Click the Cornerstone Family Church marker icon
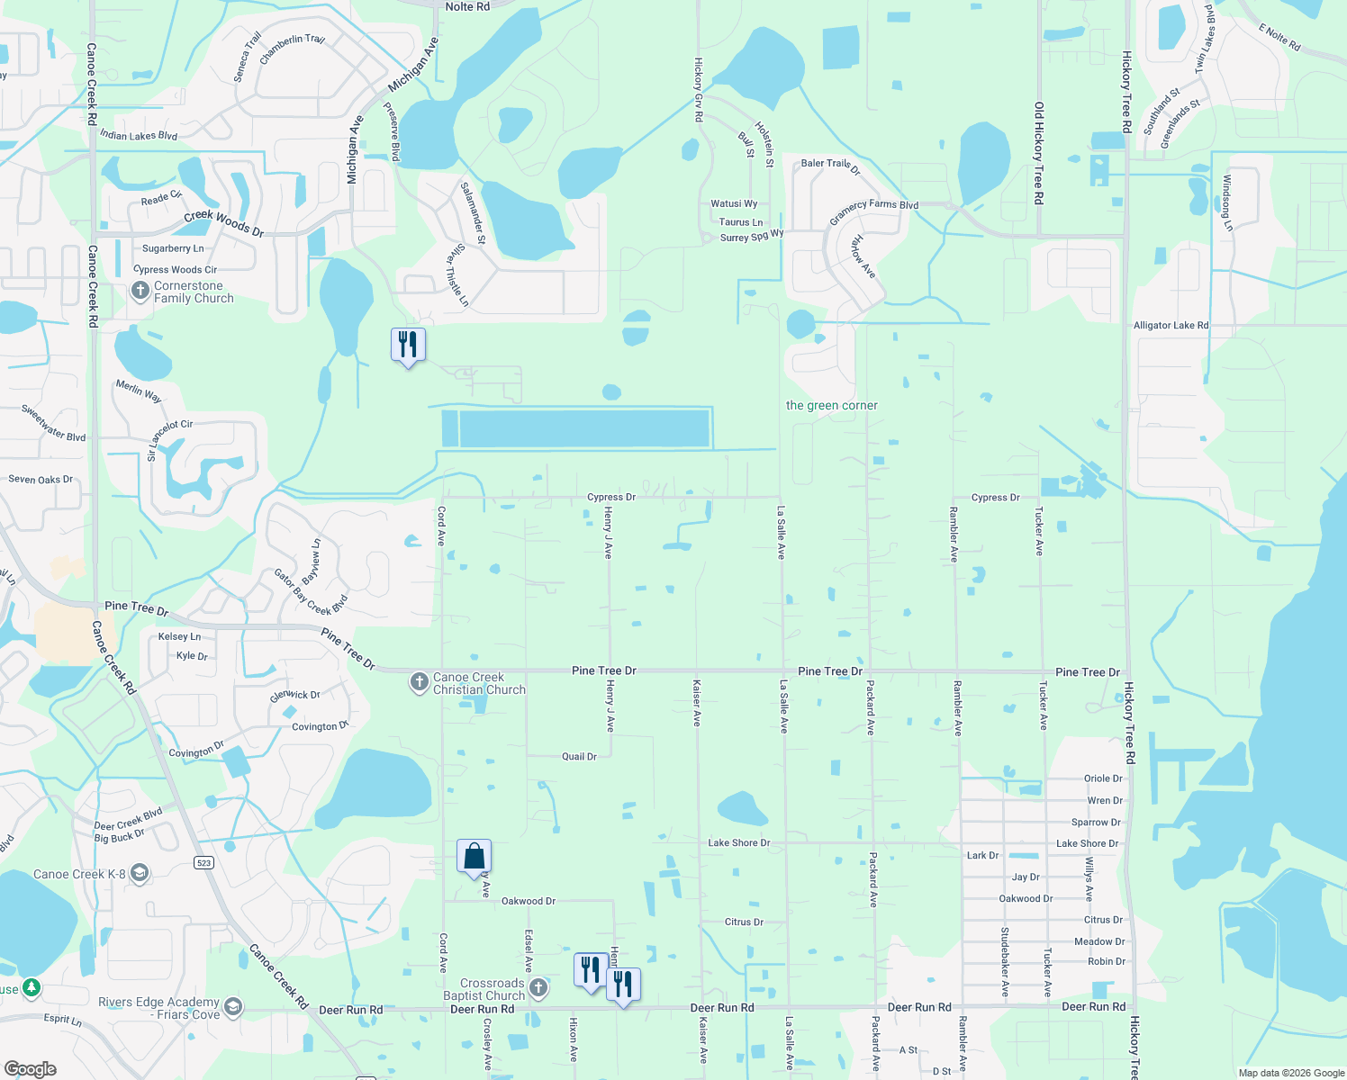click(140, 291)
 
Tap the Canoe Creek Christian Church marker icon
click(419, 682)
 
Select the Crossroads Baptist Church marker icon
click(538, 988)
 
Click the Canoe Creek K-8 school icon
click(139, 873)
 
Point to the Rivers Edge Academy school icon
click(233, 1006)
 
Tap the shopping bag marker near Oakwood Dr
click(474, 858)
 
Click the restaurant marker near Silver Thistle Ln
click(408, 345)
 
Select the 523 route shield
click(203, 863)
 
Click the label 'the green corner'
click(831, 406)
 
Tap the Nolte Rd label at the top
click(467, 7)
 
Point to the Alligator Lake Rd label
click(1171, 326)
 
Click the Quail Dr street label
click(579, 757)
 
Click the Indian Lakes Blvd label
click(139, 136)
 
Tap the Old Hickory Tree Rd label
click(1038, 153)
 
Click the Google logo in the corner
click(31, 1069)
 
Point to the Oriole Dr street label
click(1103, 779)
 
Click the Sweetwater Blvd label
click(54, 423)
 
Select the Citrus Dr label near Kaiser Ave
click(744, 922)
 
